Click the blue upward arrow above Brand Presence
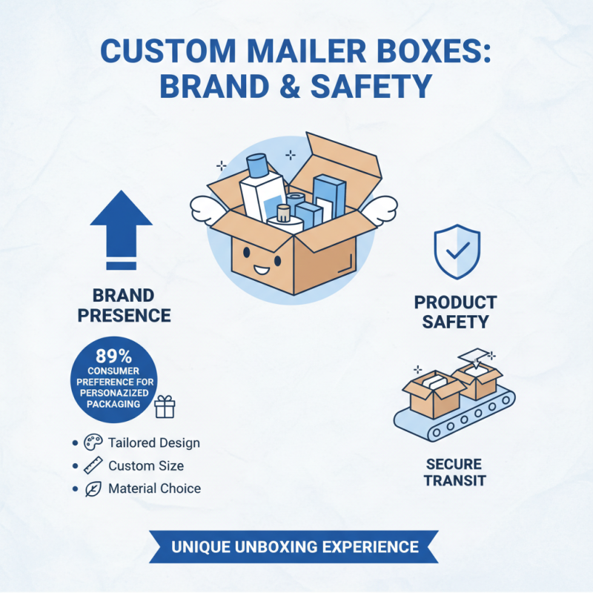coord(121,222)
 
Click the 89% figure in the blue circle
coord(114,354)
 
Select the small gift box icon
coord(165,406)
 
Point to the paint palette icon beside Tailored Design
coord(93,443)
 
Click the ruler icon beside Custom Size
coord(93,466)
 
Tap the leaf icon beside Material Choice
coord(93,489)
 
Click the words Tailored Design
coord(153,443)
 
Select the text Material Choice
coord(154,489)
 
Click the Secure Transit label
coord(454,472)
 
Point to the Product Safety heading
coord(455,312)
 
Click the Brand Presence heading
coord(125,305)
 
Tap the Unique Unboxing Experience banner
coord(295,547)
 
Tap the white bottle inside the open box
coord(262,191)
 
